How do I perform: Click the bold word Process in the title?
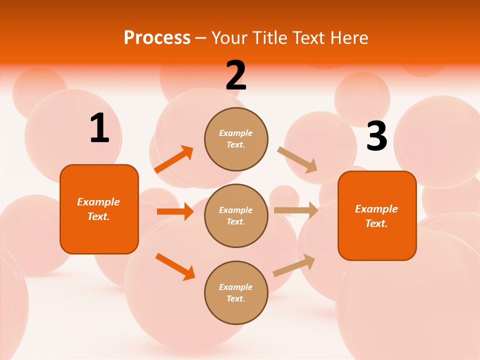click(x=157, y=38)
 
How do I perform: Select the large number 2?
click(x=236, y=75)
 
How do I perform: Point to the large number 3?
click(x=376, y=136)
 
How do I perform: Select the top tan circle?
click(x=236, y=139)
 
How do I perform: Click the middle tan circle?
click(x=236, y=216)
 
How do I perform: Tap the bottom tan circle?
click(x=236, y=293)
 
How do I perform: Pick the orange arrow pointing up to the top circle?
click(x=174, y=159)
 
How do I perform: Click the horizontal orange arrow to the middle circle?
click(x=175, y=211)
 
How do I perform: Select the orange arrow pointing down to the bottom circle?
click(x=175, y=266)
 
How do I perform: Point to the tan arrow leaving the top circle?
click(x=297, y=159)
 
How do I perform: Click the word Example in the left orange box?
click(x=98, y=202)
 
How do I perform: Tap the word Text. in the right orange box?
click(x=376, y=223)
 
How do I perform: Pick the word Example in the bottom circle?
click(x=236, y=287)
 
